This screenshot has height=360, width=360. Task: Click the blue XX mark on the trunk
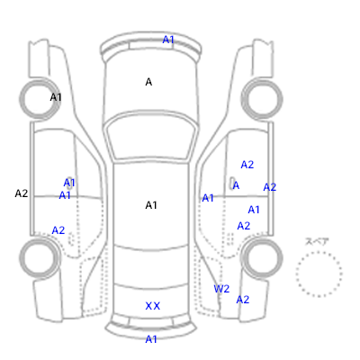[153, 306]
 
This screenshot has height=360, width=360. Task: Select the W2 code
[221, 289]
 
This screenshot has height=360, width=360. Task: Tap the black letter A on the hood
[148, 82]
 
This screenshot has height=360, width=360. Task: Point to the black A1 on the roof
[151, 205]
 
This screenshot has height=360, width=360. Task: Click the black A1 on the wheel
[56, 97]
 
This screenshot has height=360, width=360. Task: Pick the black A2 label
[22, 193]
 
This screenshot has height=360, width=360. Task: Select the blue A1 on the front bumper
[168, 40]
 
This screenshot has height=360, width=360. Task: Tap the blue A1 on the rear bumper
[151, 339]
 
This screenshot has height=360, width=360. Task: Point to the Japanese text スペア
[317, 241]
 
